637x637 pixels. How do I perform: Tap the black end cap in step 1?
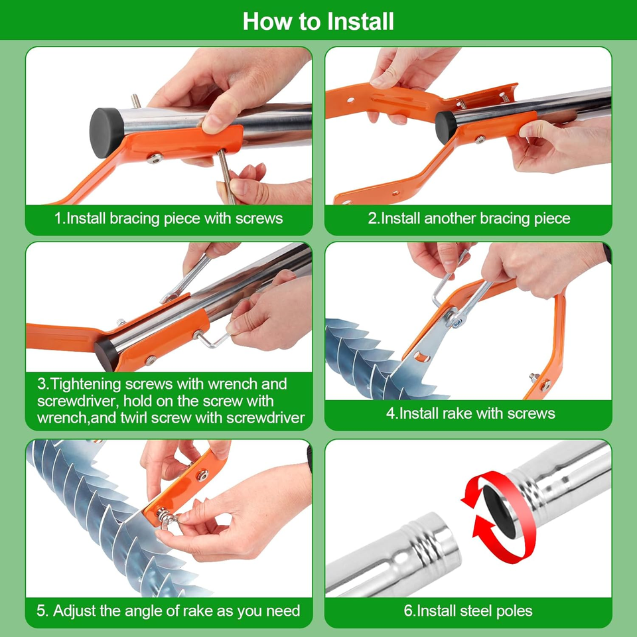(x=106, y=133)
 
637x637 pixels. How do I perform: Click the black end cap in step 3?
(x=107, y=355)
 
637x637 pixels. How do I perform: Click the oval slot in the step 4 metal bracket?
(x=422, y=357)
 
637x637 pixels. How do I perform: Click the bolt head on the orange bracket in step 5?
(x=202, y=475)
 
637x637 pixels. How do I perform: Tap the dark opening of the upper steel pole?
(x=498, y=510)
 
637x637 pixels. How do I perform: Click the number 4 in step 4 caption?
(x=390, y=413)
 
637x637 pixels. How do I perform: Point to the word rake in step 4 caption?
(x=457, y=413)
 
